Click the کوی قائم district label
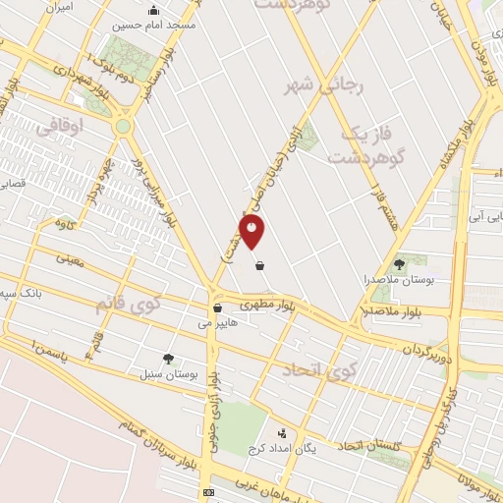click(x=127, y=304)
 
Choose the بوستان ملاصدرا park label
click(x=399, y=279)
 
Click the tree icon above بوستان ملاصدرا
click(x=399, y=263)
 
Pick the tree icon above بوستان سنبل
click(x=168, y=360)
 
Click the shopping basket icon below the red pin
click(x=258, y=265)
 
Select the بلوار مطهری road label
click(x=271, y=307)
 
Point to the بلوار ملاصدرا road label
click(x=391, y=310)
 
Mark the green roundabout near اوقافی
click(x=123, y=126)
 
